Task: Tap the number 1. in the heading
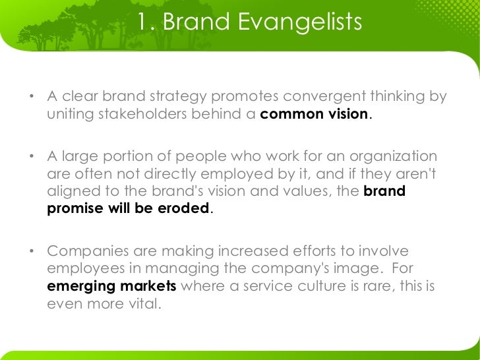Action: [146, 24]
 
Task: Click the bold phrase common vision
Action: [314, 113]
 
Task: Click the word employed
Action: [251, 174]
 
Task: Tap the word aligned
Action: [73, 192]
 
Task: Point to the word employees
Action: [82, 270]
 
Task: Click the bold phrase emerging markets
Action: [112, 287]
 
